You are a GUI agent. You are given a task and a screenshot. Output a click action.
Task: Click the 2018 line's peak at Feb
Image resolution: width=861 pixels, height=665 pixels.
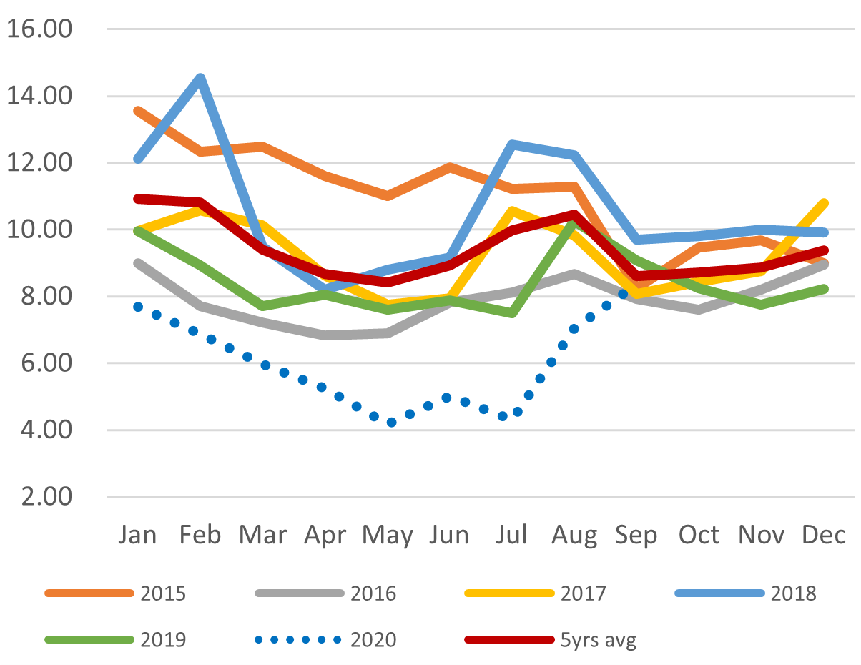(x=201, y=77)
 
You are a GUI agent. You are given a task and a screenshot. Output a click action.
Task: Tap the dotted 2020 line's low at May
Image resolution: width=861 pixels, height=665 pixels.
(x=391, y=423)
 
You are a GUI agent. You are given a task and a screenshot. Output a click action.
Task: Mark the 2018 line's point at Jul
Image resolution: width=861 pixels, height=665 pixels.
(x=512, y=144)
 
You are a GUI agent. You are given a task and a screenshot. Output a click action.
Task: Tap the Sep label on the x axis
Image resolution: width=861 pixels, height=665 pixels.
(x=636, y=535)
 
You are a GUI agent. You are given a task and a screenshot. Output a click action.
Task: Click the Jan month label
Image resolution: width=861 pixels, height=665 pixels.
(x=138, y=535)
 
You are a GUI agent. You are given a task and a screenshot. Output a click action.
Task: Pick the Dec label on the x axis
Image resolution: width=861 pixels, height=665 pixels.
(x=824, y=535)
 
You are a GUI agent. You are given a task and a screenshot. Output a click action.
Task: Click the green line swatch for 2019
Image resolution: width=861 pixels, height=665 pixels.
(x=89, y=639)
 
